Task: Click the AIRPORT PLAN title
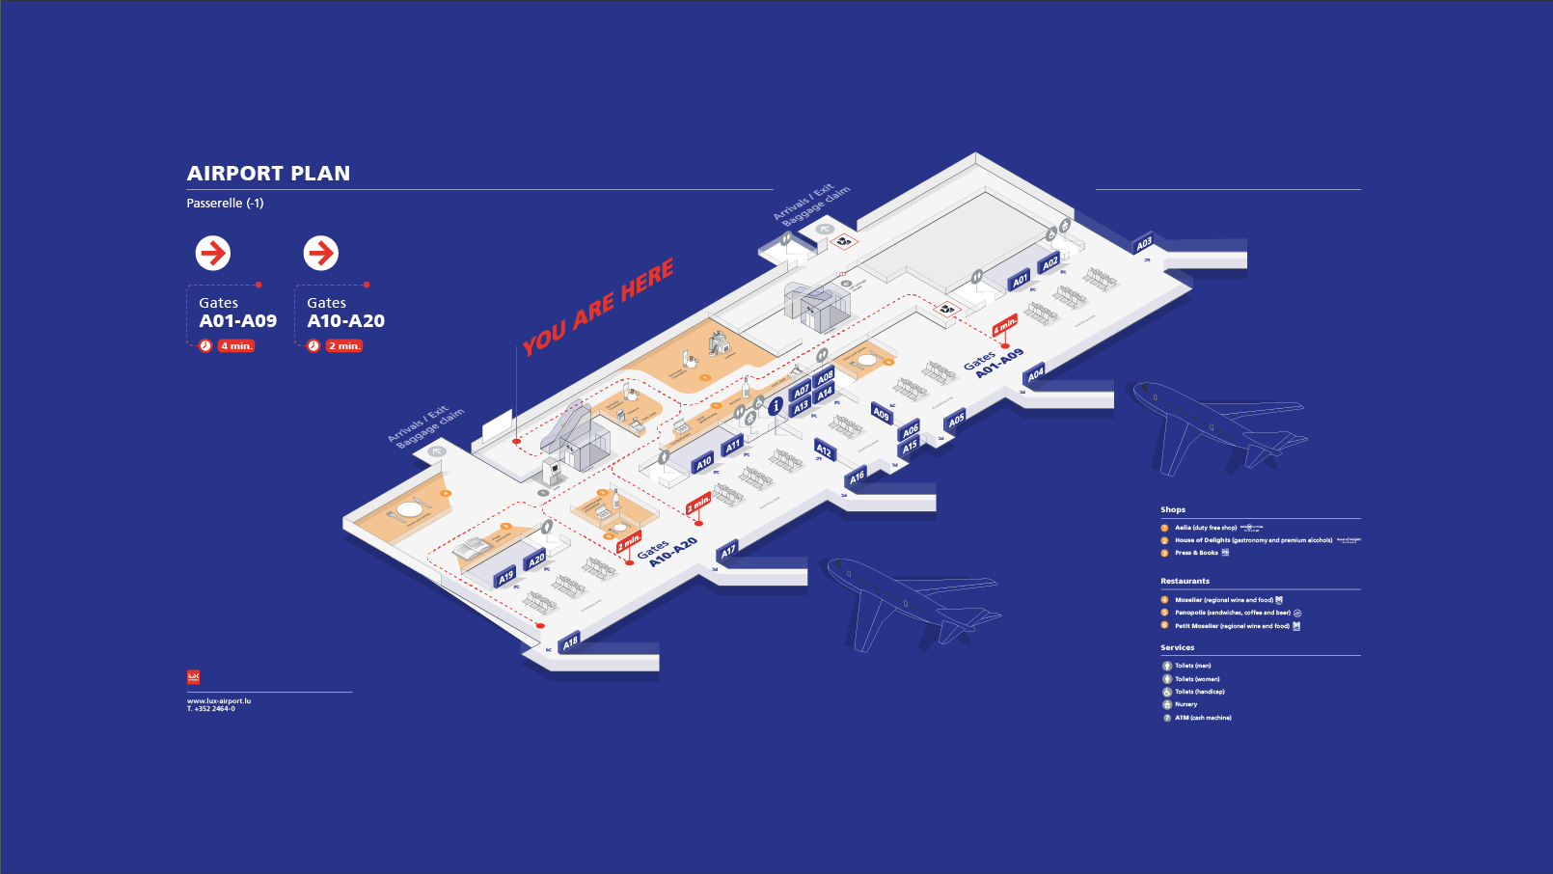[268, 174]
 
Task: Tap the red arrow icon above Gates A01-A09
[213, 253]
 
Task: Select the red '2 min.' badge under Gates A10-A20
[344, 345]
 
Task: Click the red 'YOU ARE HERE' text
[598, 307]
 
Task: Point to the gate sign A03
[1144, 244]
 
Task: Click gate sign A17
[728, 551]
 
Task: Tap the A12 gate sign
[824, 450]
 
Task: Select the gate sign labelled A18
[570, 642]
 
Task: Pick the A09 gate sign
[881, 414]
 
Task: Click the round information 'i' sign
[776, 406]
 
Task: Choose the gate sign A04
[1035, 374]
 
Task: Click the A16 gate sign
[857, 477]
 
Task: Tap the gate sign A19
[505, 577]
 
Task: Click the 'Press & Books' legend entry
[1196, 553]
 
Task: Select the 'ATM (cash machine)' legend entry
[1202, 718]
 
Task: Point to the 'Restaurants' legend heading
[1185, 581]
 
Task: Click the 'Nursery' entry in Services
[1185, 704]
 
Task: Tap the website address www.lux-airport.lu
[219, 701]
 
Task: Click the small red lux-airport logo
[193, 677]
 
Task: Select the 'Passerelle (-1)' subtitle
[225, 203]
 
